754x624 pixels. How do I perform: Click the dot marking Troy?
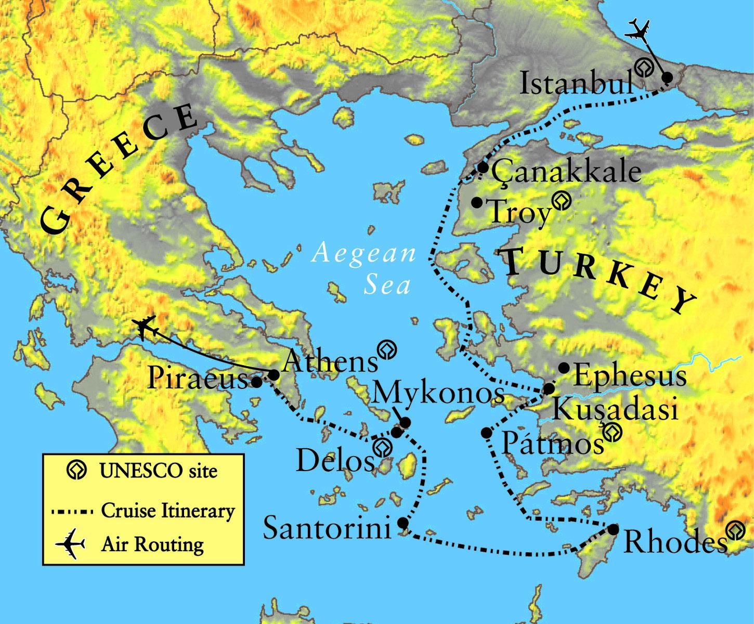pyautogui.click(x=476, y=202)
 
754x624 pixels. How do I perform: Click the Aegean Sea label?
pyautogui.click(x=363, y=268)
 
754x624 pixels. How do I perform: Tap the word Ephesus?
pyautogui.click(x=630, y=375)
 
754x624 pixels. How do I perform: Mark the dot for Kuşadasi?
pyautogui.click(x=549, y=388)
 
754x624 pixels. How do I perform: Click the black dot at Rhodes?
pyautogui.click(x=614, y=529)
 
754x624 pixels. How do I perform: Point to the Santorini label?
pyautogui.click(x=327, y=528)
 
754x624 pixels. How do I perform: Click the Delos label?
pyautogui.click(x=335, y=460)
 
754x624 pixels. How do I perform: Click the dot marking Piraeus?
pyautogui.click(x=256, y=382)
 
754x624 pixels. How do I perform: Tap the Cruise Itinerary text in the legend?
pyautogui.click(x=168, y=511)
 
